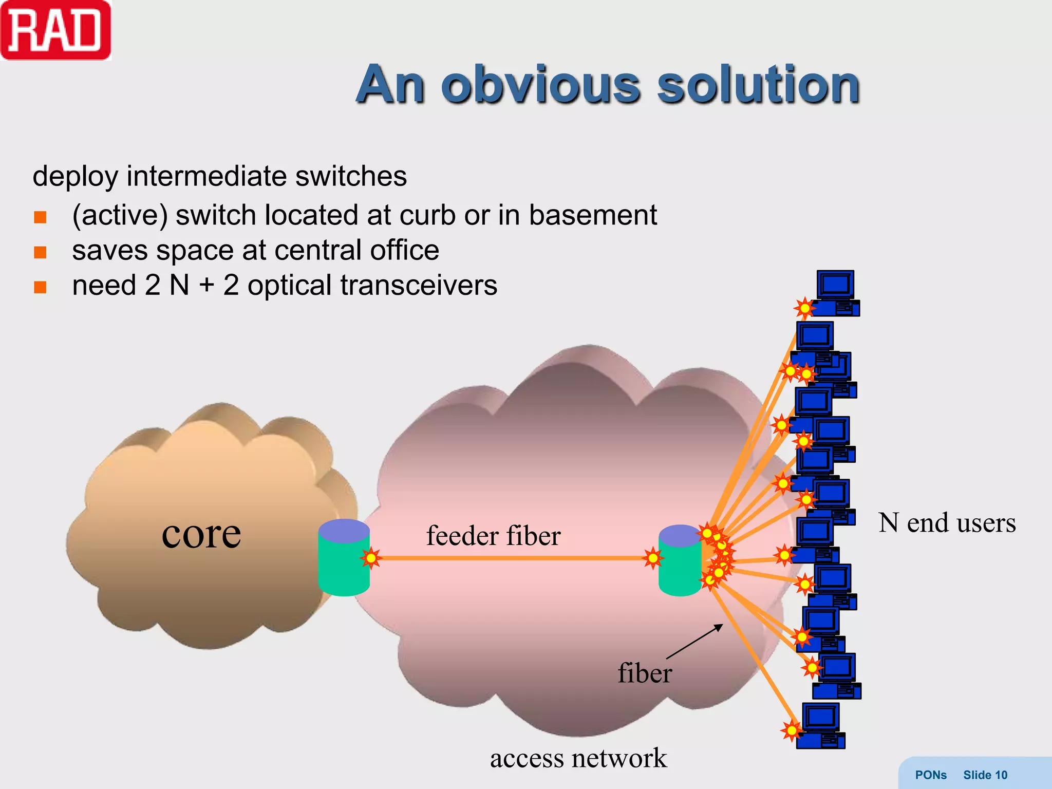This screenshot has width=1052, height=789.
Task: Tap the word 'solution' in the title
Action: (758, 85)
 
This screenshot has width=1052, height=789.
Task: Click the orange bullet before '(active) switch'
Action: (40, 217)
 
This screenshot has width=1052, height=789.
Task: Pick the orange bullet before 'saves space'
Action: (40, 252)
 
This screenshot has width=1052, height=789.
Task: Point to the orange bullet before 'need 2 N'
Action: (40, 287)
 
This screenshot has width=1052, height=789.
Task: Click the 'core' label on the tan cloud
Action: (201, 534)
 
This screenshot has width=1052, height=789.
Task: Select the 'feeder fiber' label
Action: (493, 536)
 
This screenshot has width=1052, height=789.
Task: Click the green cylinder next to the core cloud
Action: (344, 560)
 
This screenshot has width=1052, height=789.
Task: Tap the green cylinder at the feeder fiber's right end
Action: (680, 562)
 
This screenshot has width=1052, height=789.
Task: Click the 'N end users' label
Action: (947, 523)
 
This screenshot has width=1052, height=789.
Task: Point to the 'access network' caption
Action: (578, 758)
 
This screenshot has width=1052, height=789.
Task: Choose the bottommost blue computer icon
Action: (821, 725)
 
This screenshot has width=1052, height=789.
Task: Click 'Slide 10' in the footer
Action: (985, 775)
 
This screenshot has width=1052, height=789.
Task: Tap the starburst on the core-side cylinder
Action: (370, 558)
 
